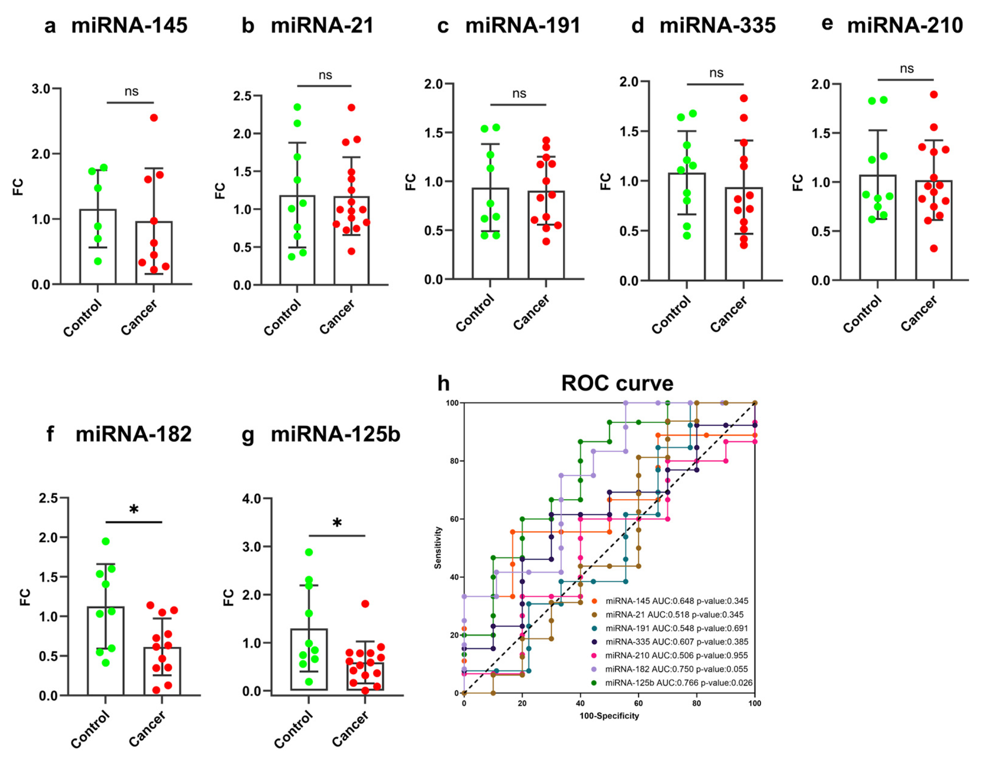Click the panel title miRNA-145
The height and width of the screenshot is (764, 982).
pos(129,25)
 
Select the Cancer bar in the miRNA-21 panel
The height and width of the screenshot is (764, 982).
pos(351,240)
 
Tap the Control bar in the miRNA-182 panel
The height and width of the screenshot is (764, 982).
pos(106,651)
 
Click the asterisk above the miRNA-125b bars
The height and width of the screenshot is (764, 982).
pos(337,523)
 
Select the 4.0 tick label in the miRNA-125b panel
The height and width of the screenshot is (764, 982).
pos(251,499)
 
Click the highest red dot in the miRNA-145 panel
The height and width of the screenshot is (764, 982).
pos(154,118)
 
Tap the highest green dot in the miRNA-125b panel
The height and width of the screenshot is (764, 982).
pos(309,552)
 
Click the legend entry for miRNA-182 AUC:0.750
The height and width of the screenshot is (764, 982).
pos(670,669)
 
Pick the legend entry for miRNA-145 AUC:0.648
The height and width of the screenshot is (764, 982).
pos(670,601)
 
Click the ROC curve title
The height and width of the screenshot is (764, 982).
pos(617,383)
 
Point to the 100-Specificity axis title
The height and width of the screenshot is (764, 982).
pos(609,716)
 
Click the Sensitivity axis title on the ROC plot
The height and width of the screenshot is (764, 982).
pos(438,548)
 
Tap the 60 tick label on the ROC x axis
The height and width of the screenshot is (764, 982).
pos(639,703)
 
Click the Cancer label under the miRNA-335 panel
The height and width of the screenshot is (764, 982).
pos(728,314)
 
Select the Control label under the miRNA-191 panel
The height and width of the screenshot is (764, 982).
pos(475,313)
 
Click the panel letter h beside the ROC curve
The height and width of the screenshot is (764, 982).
pos(443,383)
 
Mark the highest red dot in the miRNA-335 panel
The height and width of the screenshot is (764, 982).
pos(744,98)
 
